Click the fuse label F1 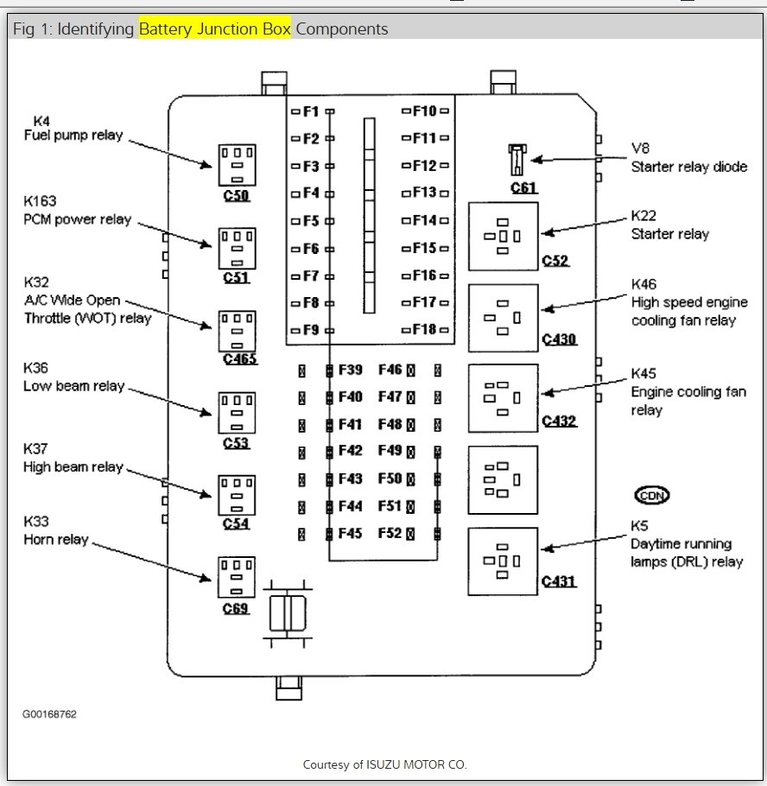pos(311,111)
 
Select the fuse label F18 pos(424,329)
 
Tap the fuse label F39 pos(350,370)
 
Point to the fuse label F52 pos(390,534)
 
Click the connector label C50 pos(236,195)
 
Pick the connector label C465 pos(240,359)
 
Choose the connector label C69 pos(236,609)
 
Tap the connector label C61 pos(524,188)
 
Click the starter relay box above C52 pos(504,237)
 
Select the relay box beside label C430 pos(504,318)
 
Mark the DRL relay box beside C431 pos(503,561)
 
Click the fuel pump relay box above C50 pos(238,166)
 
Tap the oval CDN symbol pos(652,495)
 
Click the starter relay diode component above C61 pos(517,160)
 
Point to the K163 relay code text pos(40,201)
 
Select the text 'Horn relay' pos(56,540)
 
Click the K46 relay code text pos(643,285)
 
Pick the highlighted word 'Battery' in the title pos(166,29)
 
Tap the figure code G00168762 pos(49,714)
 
